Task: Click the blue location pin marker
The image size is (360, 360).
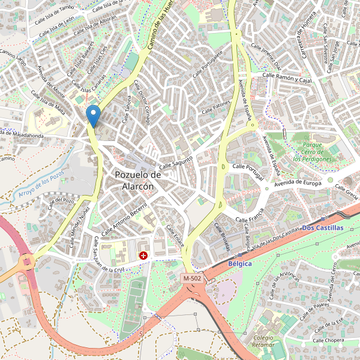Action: [93, 115]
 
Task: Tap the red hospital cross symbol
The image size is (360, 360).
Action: [143, 256]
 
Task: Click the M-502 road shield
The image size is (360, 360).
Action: [193, 279]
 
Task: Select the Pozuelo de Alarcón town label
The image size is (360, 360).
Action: [138, 180]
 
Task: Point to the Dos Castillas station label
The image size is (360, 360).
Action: [323, 228]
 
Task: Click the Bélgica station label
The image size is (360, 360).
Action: [240, 264]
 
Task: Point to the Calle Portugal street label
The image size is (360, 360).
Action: [248, 170]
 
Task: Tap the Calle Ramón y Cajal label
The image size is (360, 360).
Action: [288, 78]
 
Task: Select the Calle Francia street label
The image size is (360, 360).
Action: [250, 215]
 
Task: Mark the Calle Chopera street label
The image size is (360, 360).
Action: [327, 340]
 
